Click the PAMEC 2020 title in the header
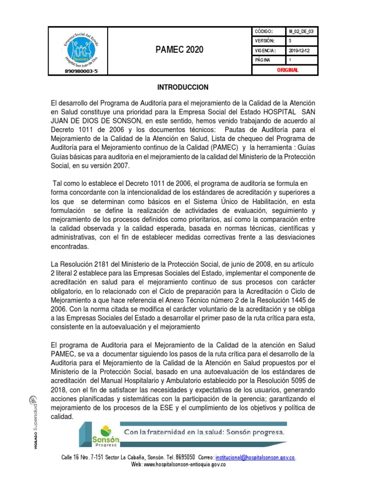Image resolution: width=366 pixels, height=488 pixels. pyautogui.click(x=179, y=50)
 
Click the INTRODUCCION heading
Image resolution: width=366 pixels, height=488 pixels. pyautogui.click(x=183, y=87)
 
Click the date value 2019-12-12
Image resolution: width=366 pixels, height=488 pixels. pyautogui.click(x=299, y=51)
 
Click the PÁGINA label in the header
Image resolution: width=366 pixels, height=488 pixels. pyautogui.click(x=263, y=60)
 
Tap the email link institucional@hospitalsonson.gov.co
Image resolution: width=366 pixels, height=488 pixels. pyautogui.click(x=255, y=457)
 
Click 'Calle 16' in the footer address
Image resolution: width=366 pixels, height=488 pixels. pyautogui.click(x=71, y=457)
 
